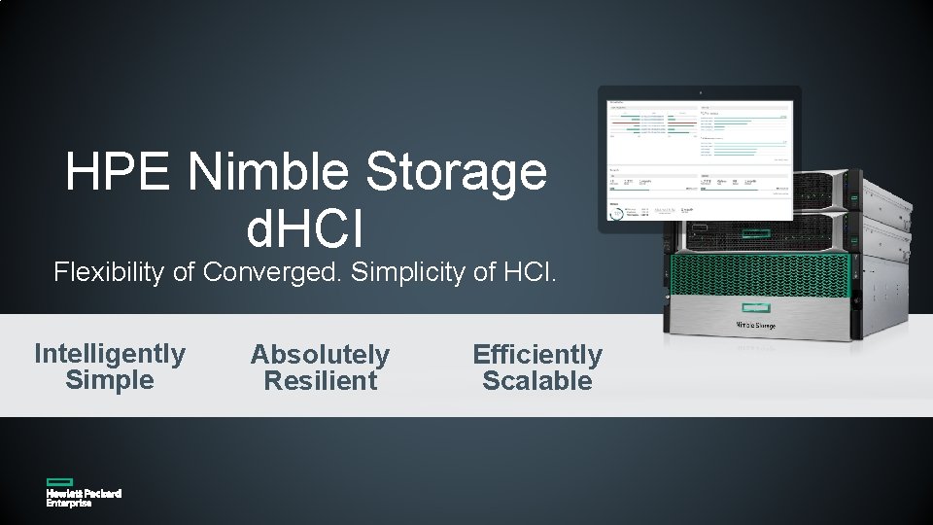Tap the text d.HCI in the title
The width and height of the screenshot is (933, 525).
(305, 227)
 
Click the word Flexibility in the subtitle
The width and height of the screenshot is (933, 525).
(110, 272)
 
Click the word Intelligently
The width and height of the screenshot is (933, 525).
(110, 354)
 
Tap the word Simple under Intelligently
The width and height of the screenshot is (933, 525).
(110, 380)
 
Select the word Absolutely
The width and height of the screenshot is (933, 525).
(320, 355)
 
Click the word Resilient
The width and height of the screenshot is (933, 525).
(320, 381)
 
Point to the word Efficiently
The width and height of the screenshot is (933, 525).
(537, 355)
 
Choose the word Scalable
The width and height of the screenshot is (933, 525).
(537, 381)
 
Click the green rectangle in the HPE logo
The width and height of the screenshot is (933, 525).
(59, 481)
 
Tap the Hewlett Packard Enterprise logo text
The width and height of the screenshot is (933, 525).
(84, 498)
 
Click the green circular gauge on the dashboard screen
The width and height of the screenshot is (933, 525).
(615, 213)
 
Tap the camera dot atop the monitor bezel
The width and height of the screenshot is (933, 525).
(700, 92)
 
